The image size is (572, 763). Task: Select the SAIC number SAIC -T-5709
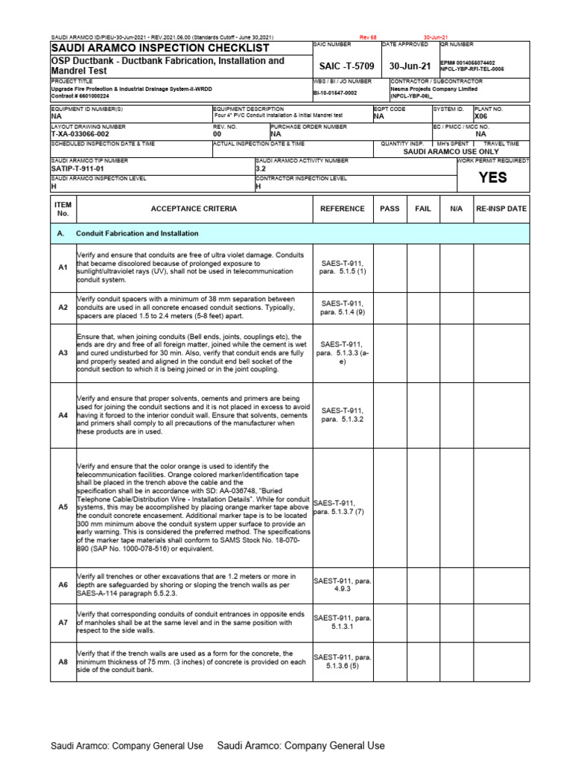(x=346, y=66)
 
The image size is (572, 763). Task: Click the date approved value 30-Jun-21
(x=410, y=66)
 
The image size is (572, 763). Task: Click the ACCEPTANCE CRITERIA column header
(x=194, y=209)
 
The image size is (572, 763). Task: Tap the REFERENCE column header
(x=342, y=209)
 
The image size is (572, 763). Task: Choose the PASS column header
(x=390, y=209)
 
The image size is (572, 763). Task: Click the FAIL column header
(x=422, y=209)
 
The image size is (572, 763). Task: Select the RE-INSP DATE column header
(x=500, y=209)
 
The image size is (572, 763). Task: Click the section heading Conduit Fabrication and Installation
(x=137, y=234)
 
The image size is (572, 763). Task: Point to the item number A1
(x=63, y=267)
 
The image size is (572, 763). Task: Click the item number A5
(x=63, y=507)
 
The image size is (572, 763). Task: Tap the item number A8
(x=63, y=662)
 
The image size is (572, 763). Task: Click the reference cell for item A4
(x=342, y=415)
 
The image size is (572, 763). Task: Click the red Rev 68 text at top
(x=369, y=36)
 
